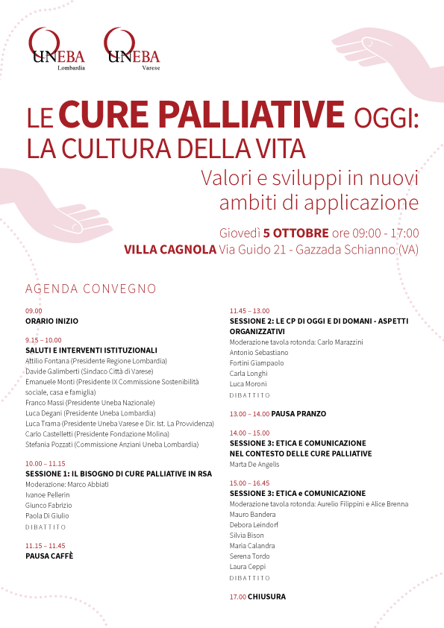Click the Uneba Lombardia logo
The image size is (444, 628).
coord(57,49)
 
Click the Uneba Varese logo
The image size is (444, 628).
coord(132,49)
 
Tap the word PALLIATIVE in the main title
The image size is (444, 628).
coord(251,115)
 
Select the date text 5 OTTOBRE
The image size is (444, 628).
coord(296,233)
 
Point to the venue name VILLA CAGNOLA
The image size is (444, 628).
coord(170,250)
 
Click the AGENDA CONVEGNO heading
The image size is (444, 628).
coord(90,289)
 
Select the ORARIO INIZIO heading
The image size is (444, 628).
coord(51,321)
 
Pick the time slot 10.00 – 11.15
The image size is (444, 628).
coord(46,463)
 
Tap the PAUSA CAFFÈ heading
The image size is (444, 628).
coord(49,556)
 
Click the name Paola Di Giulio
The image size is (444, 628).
coord(47,516)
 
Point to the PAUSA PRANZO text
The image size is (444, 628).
coord(298,414)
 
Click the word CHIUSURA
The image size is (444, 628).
coord(266,597)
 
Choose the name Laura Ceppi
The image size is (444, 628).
coord(248,567)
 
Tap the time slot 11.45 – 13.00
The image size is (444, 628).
coord(250,311)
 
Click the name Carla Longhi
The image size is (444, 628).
coord(248,374)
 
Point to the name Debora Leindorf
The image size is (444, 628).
coord(254,525)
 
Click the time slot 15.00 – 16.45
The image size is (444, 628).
coord(250,483)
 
